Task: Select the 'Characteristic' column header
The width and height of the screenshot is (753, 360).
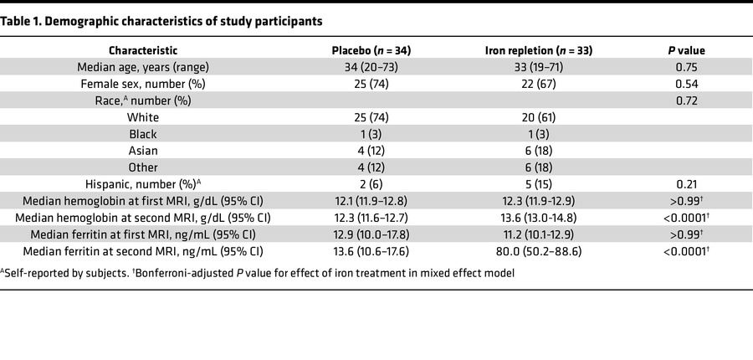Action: [x=142, y=50]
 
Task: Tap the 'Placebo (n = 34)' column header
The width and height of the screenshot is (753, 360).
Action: [x=371, y=50]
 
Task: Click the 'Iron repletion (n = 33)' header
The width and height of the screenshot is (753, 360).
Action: [x=539, y=50]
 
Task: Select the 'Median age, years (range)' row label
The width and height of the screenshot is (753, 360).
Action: [x=142, y=67]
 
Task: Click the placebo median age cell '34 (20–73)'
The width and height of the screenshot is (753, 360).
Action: [x=371, y=67]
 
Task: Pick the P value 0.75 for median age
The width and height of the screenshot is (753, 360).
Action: [x=685, y=67]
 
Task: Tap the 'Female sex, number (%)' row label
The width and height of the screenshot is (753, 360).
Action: [x=142, y=84]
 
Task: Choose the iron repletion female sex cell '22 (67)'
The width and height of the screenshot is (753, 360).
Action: [x=539, y=84]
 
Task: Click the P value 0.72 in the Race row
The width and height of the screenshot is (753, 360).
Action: [x=685, y=100]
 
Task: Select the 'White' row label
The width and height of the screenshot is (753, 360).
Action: [x=142, y=117]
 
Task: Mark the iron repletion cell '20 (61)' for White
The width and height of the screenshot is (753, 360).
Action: [x=539, y=117]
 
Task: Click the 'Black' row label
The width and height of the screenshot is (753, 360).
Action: [x=142, y=134]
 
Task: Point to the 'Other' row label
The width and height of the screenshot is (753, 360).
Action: [x=142, y=167]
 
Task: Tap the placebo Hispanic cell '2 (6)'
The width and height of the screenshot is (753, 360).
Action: [x=371, y=184]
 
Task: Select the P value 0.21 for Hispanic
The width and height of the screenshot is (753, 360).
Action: [x=685, y=184]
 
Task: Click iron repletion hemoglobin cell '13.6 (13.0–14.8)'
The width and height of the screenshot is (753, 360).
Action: [x=539, y=218]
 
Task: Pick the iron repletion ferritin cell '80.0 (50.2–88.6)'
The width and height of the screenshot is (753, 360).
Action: [x=539, y=251]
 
